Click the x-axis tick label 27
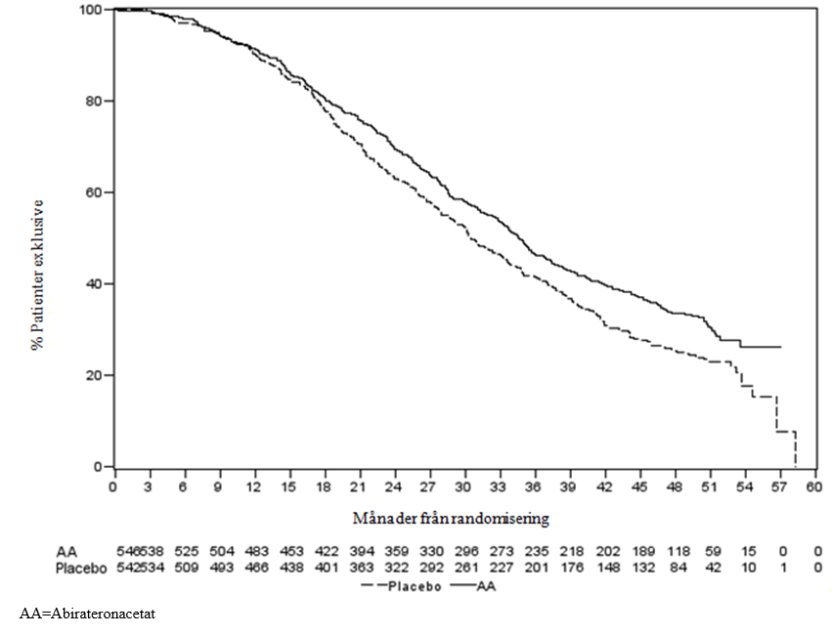click(427, 487)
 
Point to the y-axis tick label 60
click(94, 192)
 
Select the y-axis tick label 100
click(90, 10)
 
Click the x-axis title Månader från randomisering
click(451, 518)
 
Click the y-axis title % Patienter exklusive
click(37, 275)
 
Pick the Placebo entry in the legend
click(402, 587)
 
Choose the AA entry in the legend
click(473, 587)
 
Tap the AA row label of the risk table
click(66, 552)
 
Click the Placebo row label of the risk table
click(81, 569)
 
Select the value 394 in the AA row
click(362, 552)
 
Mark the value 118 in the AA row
click(679, 552)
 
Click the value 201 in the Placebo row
click(538, 569)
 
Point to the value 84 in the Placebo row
click(679, 569)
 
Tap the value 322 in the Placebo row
click(397, 569)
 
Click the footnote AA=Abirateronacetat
click(88, 614)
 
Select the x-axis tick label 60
click(814, 487)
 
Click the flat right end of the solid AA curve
click(780, 347)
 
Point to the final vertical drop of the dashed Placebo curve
click(796, 449)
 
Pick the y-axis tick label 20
click(94, 375)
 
